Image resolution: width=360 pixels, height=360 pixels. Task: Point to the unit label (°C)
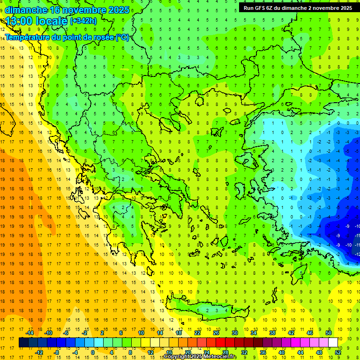click(122, 37)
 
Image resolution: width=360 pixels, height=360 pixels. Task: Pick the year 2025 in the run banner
click(343, 8)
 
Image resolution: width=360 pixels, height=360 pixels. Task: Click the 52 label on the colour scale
click(338, 352)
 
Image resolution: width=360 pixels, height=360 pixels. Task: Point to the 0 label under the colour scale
click(93, 352)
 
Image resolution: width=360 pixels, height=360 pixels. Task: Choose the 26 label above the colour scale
click(216, 333)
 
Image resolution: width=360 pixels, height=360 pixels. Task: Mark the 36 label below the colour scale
click(262, 352)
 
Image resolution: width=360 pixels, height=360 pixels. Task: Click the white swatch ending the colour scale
click(333, 342)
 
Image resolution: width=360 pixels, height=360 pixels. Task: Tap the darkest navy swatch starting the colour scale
click(23, 342)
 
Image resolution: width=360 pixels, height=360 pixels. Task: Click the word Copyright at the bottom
click(177, 357)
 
